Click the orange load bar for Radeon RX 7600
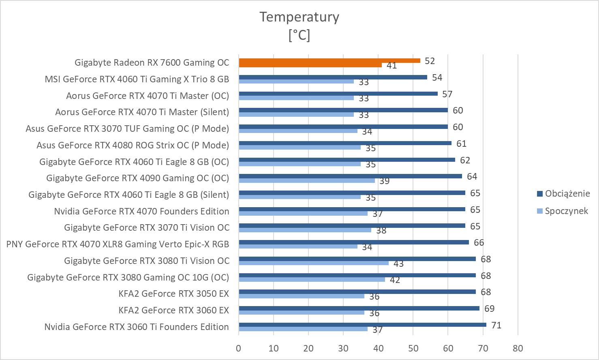329,60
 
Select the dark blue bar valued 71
362,325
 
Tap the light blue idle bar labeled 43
314,263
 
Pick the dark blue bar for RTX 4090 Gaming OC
350,176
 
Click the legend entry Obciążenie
567,193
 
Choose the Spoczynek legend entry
566,211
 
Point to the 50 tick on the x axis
413,348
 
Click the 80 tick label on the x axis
518,348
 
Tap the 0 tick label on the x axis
239,348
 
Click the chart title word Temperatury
299,17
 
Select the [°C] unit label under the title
299,35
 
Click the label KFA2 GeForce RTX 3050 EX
173,294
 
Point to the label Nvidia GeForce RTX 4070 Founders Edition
141,211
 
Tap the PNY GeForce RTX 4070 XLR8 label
118,244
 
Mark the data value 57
447,94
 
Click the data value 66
479,242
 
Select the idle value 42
395,280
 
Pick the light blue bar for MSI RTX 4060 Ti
296,81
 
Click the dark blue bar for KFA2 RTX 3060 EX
359,308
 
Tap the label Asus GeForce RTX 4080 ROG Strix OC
133,145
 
